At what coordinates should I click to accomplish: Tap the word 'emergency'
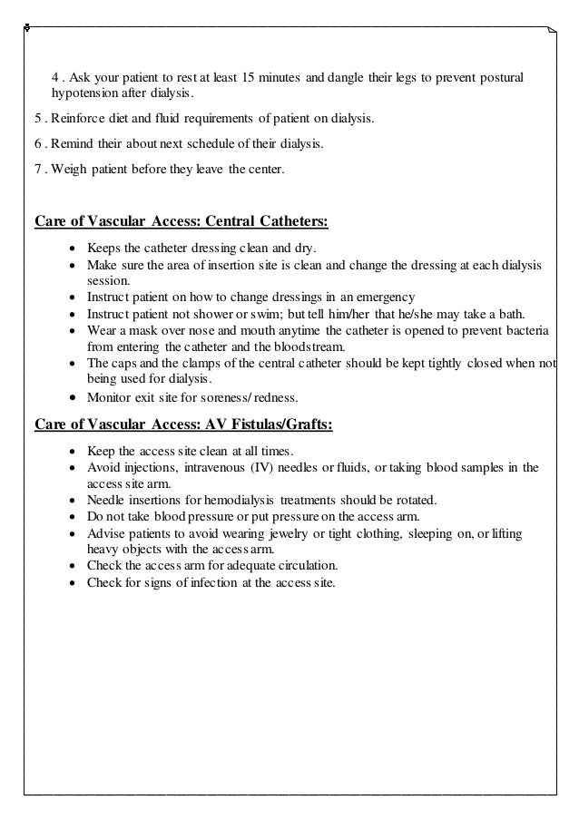click(x=385, y=297)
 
